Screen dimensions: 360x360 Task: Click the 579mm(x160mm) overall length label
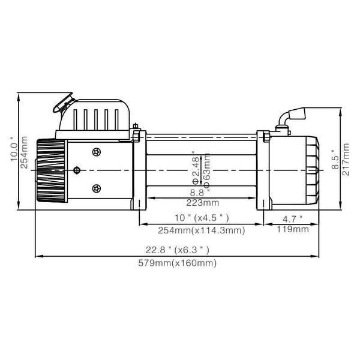pos(177,263)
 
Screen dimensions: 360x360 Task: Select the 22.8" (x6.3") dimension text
pos(177,250)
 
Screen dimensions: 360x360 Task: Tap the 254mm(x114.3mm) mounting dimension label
pos(202,230)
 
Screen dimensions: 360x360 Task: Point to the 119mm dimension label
pos(293,229)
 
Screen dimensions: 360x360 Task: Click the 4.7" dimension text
pos(293,219)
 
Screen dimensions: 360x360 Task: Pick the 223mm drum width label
pos(203,203)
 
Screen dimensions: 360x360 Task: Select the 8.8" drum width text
pos(200,193)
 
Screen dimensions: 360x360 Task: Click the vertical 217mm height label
pos(346,160)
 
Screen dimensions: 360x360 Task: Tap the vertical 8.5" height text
pos(335,160)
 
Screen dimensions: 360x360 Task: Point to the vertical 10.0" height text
pos(14,149)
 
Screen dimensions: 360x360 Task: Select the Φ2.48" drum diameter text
pos(196,168)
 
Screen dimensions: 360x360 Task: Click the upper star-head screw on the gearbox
pos(97,152)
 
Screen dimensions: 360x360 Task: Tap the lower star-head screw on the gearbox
pos(97,189)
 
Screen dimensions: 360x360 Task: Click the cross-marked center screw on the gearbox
pos(77,170)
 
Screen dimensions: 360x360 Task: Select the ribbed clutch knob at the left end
pos(51,170)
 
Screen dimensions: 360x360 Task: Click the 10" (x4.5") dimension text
pos(202,218)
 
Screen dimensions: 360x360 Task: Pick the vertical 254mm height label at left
pos(24,152)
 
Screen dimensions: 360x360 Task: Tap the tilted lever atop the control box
pos(63,103)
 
